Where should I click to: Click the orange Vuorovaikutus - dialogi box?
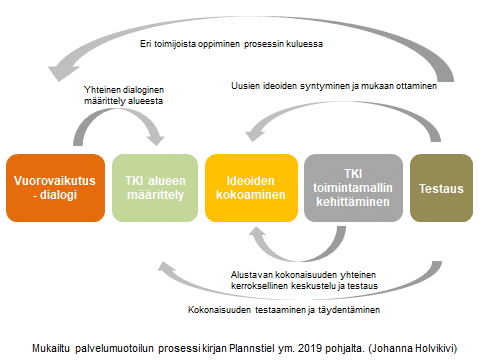[x=52, y=187]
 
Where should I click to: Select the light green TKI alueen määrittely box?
[x=153, y=187]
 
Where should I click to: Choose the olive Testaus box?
[x=440, y=187]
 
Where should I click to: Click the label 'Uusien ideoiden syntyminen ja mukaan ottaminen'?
[x=335, y=86]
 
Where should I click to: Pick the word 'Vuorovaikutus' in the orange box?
[x=54, y=180]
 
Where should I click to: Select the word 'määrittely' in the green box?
[x=153, y=195]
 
